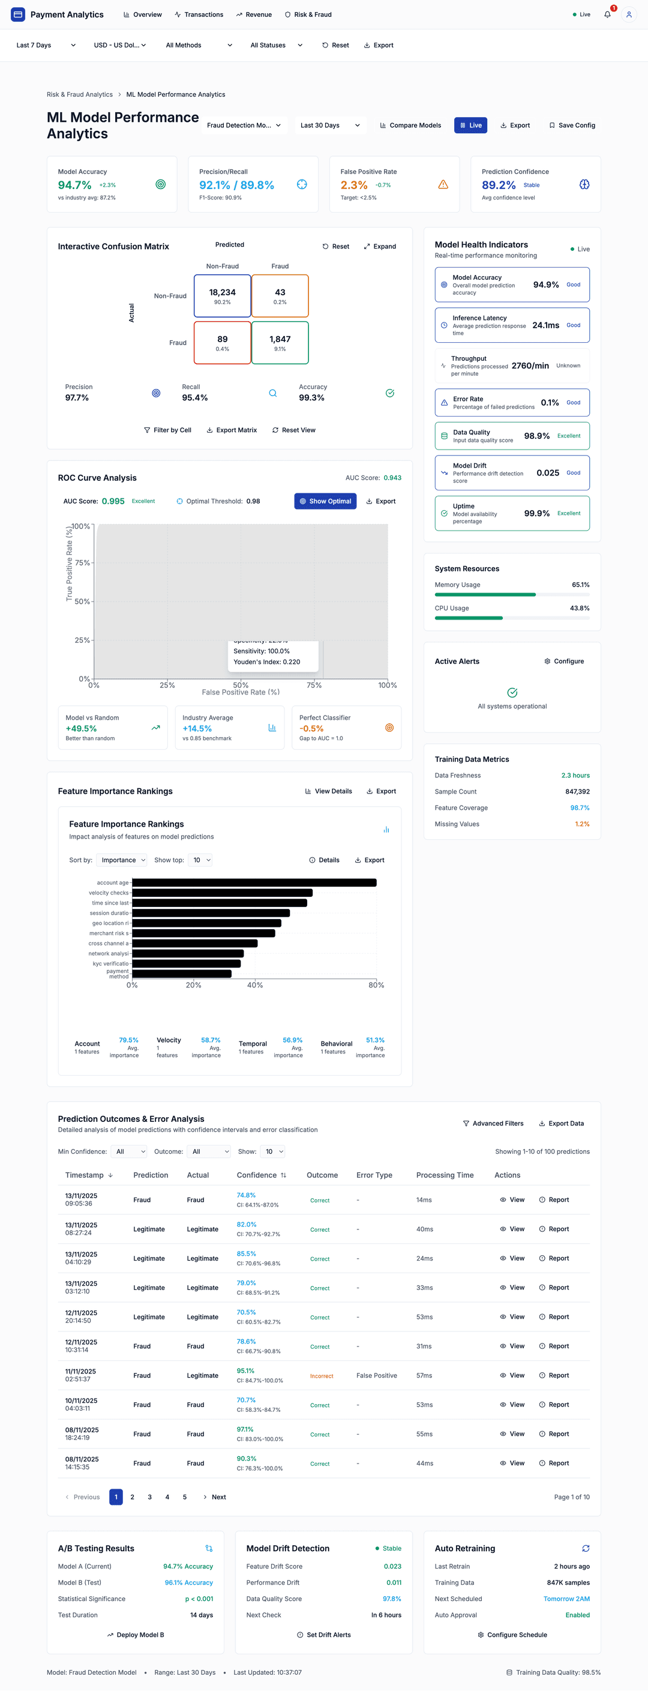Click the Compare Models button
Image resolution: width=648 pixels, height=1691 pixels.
pyautogui.click(x=410, y=125)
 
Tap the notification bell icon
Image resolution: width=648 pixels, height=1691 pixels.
pyautogui.click(x=607, y=14)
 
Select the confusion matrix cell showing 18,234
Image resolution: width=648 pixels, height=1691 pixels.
pyautogui.click(x=223, y=296)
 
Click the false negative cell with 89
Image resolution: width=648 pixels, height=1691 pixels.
pyautogui.click(x=223, y=343)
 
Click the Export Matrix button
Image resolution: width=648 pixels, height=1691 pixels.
pyautogui.click(x=232, y=430)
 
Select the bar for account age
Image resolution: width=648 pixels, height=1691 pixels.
pyautogui.click(x=254, y=882)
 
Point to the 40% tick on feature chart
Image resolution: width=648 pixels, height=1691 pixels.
pyautogui.click(x=254, y=984)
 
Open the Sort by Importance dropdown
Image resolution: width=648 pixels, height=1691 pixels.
pyautogui.click(x=122, y=860)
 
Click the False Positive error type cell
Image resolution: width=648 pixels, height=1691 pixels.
pyautogui.click(x=376, y=1375)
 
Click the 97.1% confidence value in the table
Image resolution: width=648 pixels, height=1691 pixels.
pyautogui.click(x=245, y=1429)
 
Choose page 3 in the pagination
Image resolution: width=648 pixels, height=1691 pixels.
pyautogui.click(x=149, y=1497)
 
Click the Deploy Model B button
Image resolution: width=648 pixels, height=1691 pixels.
pyautogui.click(x=135, y=1635)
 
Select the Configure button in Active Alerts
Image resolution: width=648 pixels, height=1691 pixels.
pyautogui.click(x=564, y=661)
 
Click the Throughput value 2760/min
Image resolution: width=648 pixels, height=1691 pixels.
pyautogui.click(x=530, y=366)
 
